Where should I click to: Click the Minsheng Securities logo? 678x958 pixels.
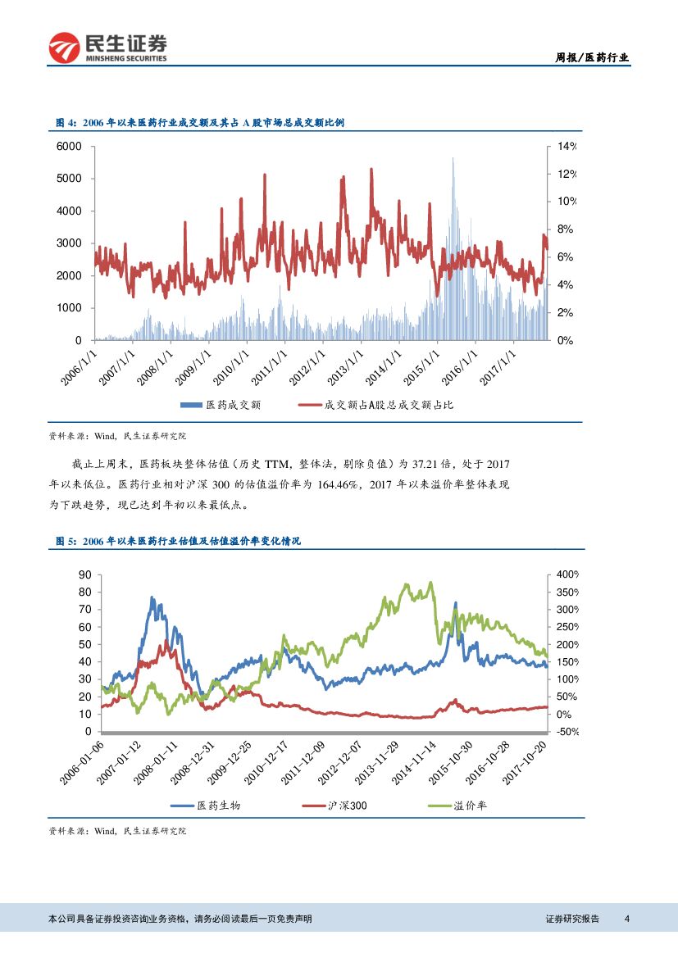coord(108,48)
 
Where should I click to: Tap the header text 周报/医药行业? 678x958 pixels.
coord(592,57)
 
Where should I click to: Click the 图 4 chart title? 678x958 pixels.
coord(199,122)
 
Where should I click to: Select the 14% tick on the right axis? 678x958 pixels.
coord(567,146)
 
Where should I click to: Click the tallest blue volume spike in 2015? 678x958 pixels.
coord(453,161)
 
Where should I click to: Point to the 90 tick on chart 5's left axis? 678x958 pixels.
coord(84,574)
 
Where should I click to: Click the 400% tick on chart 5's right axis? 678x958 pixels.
coord(567,574)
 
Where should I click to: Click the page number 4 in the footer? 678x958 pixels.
coord(626,919)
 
